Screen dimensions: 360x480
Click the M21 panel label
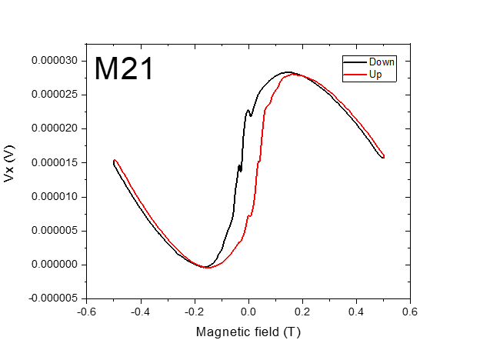(124, 69)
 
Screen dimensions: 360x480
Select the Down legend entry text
(382, 62)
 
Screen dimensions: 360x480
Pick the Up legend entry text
(375, 73)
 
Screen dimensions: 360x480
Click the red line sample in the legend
(355, 74)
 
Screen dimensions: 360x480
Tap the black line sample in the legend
(355, 62)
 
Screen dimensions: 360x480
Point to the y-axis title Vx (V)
(10, 165)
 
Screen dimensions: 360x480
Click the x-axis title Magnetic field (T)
(248, 332)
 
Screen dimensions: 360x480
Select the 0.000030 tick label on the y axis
(55, 61)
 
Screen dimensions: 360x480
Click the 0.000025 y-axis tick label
(55, 95)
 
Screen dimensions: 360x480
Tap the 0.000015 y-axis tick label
(55, 162)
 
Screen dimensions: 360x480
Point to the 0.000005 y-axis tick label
(55, 230)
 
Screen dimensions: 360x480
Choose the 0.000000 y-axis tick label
(55, 265)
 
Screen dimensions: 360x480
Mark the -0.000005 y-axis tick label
(54, 298)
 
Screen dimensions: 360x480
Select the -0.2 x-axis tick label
(193, 312)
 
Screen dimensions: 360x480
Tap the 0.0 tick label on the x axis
(248, 312)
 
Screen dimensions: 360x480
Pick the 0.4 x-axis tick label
(356, 312)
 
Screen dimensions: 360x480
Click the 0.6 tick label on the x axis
(410, 312)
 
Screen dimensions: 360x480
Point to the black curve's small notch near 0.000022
(250, 115)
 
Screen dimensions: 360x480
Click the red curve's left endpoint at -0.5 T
(114, 161)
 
